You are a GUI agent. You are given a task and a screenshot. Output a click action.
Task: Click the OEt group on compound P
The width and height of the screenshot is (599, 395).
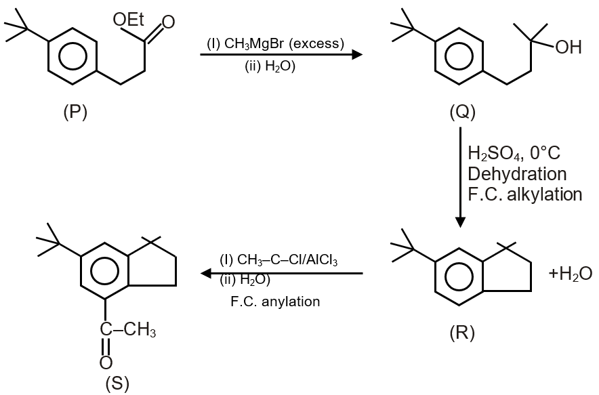pos(128,20)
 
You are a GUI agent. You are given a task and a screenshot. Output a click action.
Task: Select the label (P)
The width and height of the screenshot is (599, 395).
pos(75,112)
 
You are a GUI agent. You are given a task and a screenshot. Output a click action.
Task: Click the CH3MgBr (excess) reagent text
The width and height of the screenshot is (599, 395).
pos(276,44)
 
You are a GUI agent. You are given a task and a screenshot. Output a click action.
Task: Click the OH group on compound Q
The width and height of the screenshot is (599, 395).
pos(567,47)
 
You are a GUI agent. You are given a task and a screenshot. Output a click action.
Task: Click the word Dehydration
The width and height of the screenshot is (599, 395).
pos(517,173)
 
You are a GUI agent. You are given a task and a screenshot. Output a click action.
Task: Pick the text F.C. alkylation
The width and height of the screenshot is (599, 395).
pos(524,194)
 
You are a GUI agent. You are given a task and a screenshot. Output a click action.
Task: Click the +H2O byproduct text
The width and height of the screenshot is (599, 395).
pos(571,274)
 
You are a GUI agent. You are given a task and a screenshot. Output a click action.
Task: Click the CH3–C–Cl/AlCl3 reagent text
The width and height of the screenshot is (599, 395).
pos(278,259)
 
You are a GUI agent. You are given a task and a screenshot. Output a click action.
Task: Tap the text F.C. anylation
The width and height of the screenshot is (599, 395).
pos(275,302)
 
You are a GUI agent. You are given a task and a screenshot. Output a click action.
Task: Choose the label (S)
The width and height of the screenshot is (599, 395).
pos(117,383)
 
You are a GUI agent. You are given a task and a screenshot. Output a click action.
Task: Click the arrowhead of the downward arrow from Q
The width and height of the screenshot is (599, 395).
pos(461,222)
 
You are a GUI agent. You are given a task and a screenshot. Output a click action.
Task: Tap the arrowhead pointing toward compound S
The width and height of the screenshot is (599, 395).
pos(206,273)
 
